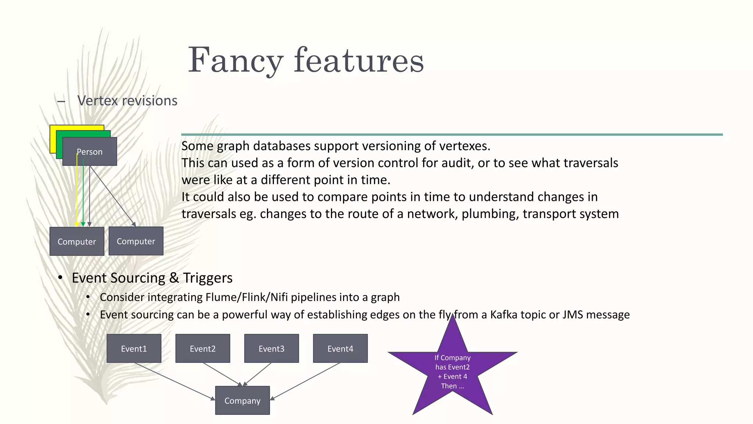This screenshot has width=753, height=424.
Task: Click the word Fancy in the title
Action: [x=235, y=61]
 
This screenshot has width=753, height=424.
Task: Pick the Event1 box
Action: [x=134, y=349]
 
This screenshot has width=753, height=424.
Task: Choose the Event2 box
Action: [x=203, y=349]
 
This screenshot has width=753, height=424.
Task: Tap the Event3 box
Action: [x=271, y=349]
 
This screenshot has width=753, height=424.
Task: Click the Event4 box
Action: [x=340, y=349]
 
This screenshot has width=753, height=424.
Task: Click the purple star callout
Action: [x=453, y=372]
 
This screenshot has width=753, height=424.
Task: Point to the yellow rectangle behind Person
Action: [x=53, y=140]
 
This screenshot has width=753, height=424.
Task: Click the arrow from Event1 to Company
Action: [x=173, y=381]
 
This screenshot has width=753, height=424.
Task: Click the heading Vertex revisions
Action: [x=127, y=100]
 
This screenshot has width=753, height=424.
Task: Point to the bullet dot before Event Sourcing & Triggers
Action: [x=60, y=278]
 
